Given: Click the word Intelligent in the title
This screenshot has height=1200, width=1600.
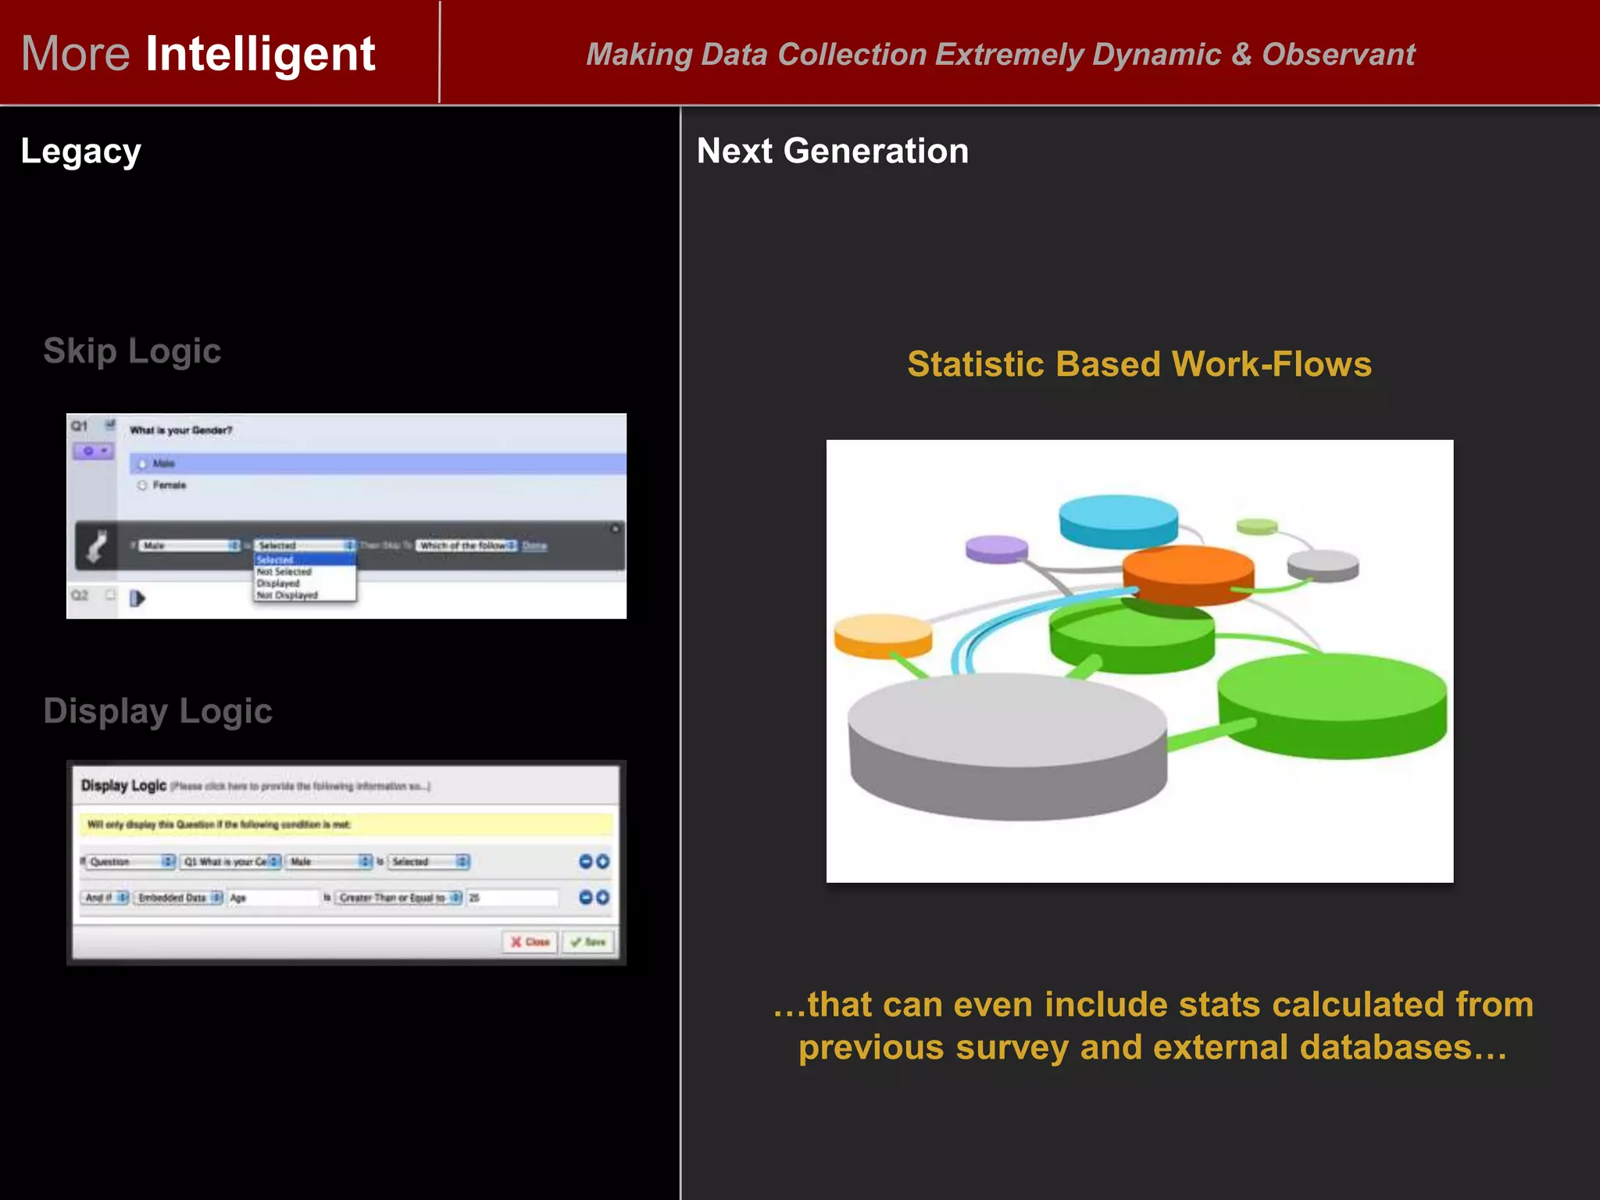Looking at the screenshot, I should pyautogui.click(x=260, y=54).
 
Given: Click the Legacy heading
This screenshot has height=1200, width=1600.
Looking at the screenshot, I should pyautogui.click(x=80, y=152).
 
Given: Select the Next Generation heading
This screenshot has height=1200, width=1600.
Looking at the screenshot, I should pyautogui.click(x=832, y=151).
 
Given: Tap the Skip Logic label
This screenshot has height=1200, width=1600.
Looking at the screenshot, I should pyautogui.click(x=132, y=351).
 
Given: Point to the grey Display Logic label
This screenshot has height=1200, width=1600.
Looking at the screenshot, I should pyautogui.click(x=158, y=711).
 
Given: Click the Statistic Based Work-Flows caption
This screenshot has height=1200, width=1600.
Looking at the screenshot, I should pyautogui.click(x=1139, y=364).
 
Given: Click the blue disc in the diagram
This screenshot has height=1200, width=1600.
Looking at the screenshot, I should pyautogui.click(x=1118, y=519).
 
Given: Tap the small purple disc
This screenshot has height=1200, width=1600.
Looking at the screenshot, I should pyautogui.click(x=996, y=547).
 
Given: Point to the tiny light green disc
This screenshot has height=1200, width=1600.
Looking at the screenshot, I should pyautogui.click(x=1257, y=527).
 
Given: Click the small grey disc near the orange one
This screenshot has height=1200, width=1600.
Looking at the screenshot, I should pyautogui.click(x=1323, y=564).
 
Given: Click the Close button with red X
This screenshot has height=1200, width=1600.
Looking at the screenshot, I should pyautogui.click(x=530, y=942).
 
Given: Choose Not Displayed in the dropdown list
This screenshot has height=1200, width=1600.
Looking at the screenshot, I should pyautogui.click(x=287, y=595).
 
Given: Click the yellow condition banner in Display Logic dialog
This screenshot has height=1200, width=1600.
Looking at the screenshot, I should pyautogui.click(x=345, y=824).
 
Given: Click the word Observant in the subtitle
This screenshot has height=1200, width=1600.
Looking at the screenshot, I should pyautogui.click(x=1338, y=55).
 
